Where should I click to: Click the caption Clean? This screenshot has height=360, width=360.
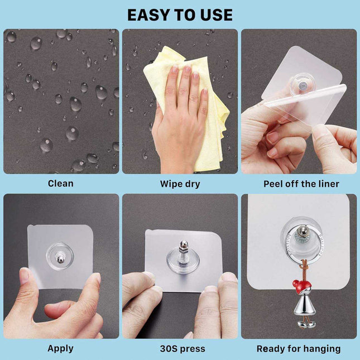(x=60, y=183)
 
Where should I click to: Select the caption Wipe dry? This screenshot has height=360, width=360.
(x=180, y=184)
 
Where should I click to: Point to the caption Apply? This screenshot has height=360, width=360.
(x=60, y=348)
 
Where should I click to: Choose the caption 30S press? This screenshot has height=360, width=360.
(x=180, y=349)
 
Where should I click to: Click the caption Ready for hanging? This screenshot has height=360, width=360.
(x=299, y=349)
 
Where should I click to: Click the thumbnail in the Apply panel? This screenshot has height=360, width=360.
(x=25, y=274)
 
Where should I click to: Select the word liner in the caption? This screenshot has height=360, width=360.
(x=327, y=184)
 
